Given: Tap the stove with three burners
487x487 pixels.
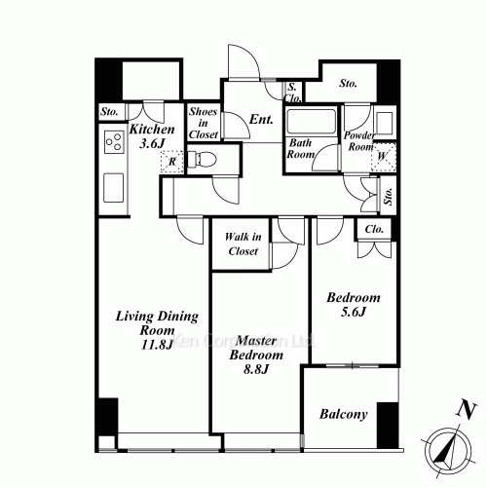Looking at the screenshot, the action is (x=114, y=142).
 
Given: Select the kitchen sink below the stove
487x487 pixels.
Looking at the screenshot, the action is (x=113, y=188).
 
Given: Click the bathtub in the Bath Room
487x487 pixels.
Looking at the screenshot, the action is (x=312, y=122).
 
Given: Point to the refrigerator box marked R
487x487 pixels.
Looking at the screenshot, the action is (x=172, y=161).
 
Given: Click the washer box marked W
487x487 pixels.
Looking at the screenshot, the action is (x=384, y=157).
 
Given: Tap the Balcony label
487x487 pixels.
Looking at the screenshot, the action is (x=344, y=414).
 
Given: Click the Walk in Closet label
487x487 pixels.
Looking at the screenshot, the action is (x=243, y=243).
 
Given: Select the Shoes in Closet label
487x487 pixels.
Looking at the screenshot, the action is (x=204, y=123).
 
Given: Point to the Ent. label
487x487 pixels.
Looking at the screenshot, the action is (x=261, y=120).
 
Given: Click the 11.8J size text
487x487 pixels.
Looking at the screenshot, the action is (x=157, y=345).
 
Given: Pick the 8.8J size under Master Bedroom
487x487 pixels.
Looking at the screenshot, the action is (x=256, y=369).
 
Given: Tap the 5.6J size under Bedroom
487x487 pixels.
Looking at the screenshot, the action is (x=354, y=312).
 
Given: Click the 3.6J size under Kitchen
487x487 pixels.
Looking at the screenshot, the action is (x=152, y=143).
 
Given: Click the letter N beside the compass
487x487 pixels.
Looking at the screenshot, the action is (x=467, y=411).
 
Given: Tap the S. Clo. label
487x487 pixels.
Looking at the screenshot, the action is (x=293, y=93).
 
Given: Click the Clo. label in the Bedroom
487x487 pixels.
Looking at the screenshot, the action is (x=374, y=229).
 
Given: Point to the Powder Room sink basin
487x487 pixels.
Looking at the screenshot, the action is (x=385, y=123).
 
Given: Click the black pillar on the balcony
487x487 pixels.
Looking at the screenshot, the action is (x=388, y=426).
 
